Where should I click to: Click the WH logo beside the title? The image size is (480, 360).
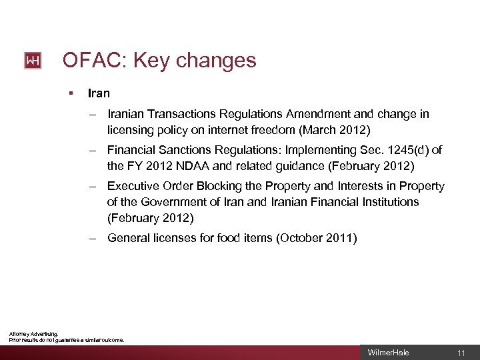click(33, 61)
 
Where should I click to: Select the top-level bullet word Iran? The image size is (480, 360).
click(99, 94)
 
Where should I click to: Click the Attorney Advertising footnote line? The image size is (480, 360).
click(33, 334)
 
